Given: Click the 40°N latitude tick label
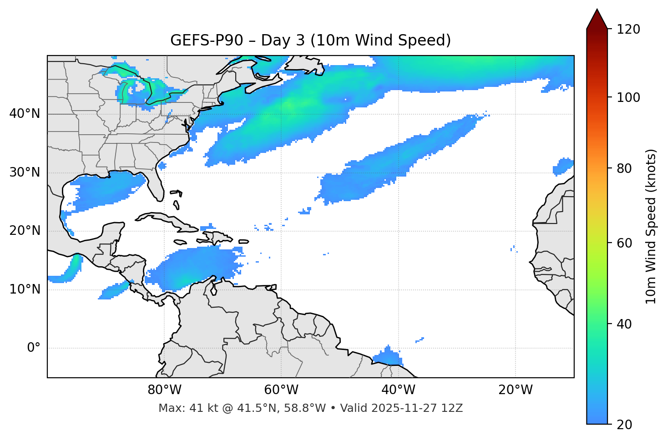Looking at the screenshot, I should pyautogui.click(x=25, y=114).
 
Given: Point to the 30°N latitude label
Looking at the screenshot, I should pyautogui.click(x=25, y=172).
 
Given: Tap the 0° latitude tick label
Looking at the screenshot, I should pyautogui.click(x=34, y=348).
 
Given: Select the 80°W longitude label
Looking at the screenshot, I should pyautogui.click(x=164, y=390).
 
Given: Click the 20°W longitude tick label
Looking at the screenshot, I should pyautogui.click(x=515, y=390).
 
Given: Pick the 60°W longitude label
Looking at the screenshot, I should pyautogui.click(x=281, y=390).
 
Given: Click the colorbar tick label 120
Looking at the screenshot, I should pyautogui.click(x=628, y=30).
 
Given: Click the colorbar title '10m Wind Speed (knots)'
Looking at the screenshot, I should pyautogui.click(x=651, y=226).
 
